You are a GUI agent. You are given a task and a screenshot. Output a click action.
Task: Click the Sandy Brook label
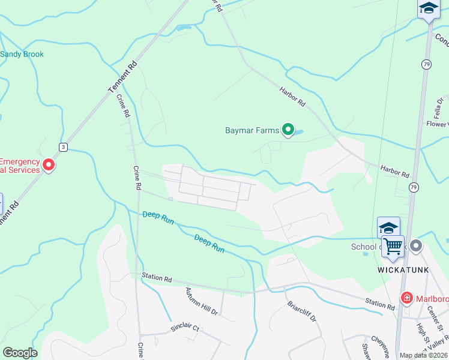pos(22,54)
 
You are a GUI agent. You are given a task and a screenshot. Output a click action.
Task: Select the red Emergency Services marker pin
pos(49,164)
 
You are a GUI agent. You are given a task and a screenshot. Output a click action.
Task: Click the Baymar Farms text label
pos(252,130)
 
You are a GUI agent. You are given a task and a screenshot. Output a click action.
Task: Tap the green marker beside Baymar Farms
pos(288,129)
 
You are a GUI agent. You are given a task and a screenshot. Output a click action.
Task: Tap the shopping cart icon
pos(393,245)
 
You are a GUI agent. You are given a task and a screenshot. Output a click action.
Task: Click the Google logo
pos(20,353)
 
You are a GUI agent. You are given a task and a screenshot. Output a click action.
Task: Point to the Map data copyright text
pos(424,355)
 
